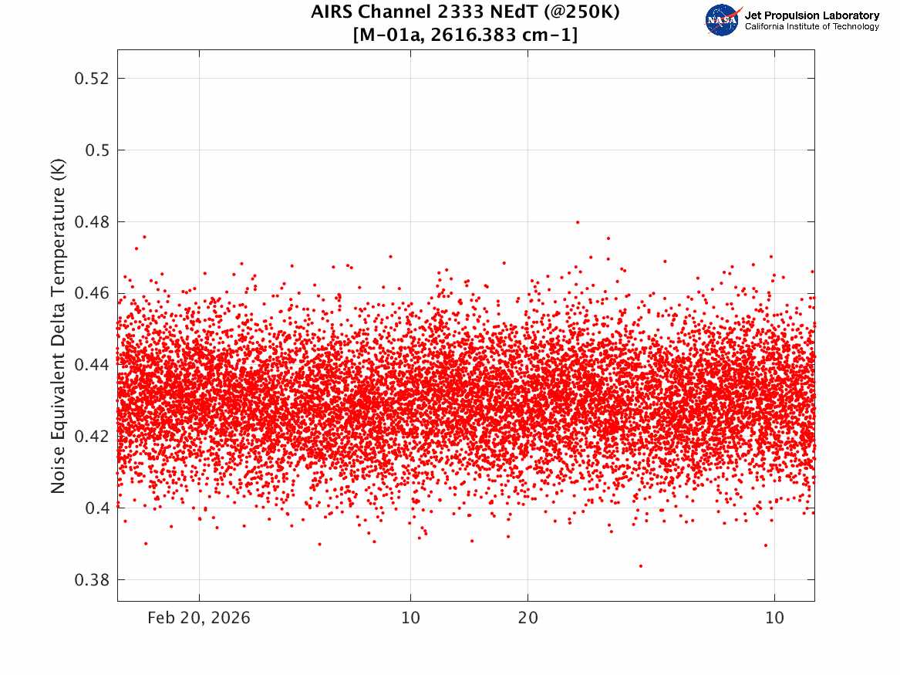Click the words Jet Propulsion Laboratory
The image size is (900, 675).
[x=811, y=15]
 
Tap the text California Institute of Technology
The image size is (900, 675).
[x=811, y=26]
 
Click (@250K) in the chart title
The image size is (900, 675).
[x=581, y=12]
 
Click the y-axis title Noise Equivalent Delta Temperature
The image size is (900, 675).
[x=58, y=326]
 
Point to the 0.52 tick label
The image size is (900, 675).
[x=91, y=78]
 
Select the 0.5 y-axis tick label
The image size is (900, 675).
[x=97, y=150]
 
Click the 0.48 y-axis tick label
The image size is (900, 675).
[x=91, y=221]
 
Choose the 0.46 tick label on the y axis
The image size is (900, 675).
[x=91, y=293]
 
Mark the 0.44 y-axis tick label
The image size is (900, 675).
[x=91, y=364]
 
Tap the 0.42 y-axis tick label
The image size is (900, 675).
[x=91, y=436]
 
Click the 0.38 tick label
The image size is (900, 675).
[x=91, y=579]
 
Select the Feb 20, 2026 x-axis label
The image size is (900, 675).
[x=199, y=618]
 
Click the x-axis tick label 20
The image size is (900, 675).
[x=528, y=618]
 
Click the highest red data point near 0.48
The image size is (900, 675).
[x=578, y=222]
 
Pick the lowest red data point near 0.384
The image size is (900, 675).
[x=641, y=566]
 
